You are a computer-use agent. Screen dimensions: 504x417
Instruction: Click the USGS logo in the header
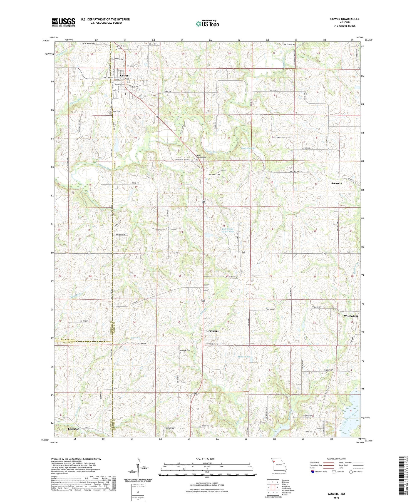[63, 22]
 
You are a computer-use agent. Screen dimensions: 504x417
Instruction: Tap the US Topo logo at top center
[207, 24]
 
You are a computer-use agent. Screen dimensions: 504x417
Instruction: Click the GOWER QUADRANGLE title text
[344, 19]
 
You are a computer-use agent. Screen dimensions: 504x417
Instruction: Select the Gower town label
[124, 76]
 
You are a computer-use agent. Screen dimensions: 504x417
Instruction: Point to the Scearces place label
[336, 183]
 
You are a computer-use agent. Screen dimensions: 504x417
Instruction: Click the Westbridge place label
[351, 316]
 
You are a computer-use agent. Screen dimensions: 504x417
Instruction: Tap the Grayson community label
[212, 331]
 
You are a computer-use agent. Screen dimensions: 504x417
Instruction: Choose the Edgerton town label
[74, 429]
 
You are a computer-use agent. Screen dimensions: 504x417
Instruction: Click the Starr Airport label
[170, 428]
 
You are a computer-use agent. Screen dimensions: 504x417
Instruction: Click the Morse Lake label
[244, 357]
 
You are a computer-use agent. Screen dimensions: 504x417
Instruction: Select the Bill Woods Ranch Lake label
[228, 230]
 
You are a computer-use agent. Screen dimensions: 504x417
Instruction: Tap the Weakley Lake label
[248, 148]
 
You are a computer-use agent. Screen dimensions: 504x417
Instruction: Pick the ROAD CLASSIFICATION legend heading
[336, 459]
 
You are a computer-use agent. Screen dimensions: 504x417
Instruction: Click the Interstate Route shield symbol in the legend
[312, 471]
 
